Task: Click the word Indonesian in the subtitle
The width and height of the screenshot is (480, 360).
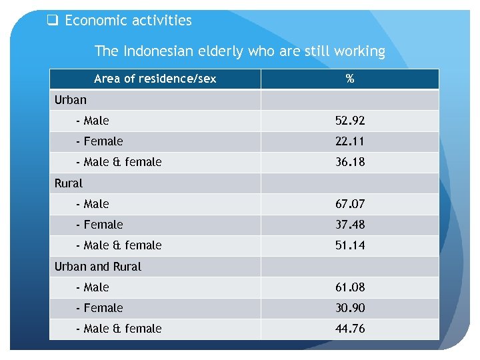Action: (154, 51)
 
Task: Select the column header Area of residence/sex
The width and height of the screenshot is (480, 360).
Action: (155, 79)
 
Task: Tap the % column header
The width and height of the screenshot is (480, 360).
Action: (350, 79)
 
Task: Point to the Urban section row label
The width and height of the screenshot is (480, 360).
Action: (70, 100)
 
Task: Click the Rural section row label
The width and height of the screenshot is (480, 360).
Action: (68, 183)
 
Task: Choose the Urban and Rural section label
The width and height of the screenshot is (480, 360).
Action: (97, 266)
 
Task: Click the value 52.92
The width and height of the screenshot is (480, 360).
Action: (350, 121)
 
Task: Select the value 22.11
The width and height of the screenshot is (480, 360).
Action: (350, 141)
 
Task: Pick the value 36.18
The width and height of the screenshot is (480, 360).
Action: (350, 162)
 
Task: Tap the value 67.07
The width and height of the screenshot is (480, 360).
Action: (350, 204)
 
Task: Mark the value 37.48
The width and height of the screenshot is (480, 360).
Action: (350, 225)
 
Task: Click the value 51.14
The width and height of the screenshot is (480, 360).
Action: (350, 245)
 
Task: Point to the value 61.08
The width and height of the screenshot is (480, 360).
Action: (350, 287)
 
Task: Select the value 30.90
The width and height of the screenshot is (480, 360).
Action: (350, 308)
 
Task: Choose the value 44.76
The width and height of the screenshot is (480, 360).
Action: (350, 329)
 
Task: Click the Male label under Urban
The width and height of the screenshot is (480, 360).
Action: (93, 121)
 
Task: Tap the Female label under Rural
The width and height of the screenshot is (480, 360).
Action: (99, 225)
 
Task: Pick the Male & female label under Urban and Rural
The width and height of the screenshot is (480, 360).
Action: (119, 329)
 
